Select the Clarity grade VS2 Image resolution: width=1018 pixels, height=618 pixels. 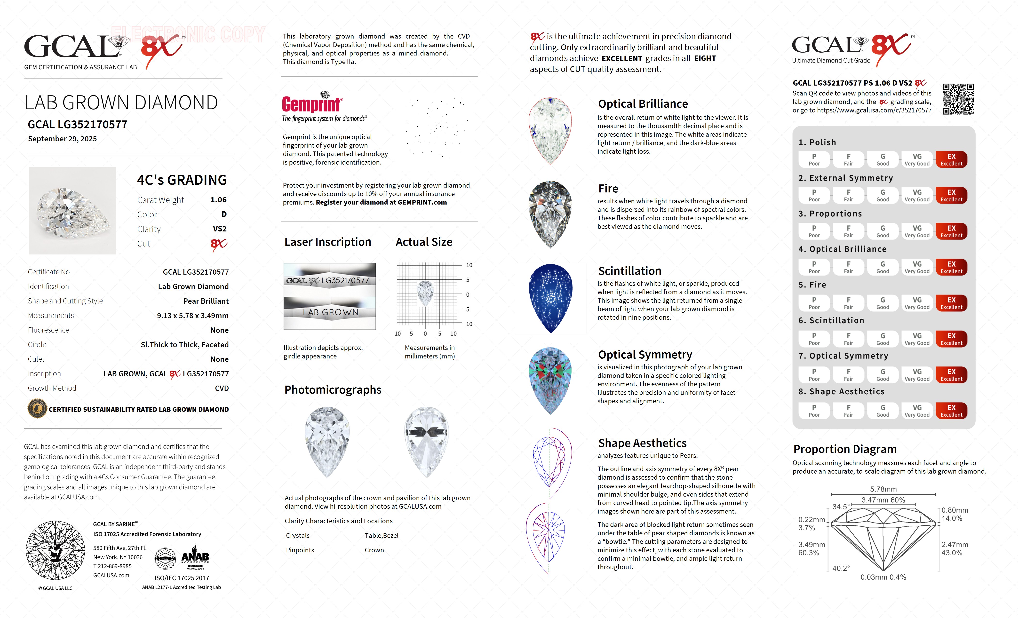[219, 229]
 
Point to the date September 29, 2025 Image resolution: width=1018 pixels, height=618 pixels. [62, 139]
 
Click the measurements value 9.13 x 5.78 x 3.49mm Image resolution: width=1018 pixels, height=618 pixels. [192, 316]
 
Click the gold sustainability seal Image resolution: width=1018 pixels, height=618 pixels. [37, 409]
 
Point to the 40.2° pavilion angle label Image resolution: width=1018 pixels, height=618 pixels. [841, 568]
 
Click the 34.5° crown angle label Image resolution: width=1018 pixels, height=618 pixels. [841, 507]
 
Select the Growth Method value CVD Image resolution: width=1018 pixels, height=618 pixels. [222, 388]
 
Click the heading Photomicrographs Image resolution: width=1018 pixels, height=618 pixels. [333, 390]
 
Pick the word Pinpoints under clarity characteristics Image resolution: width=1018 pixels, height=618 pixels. [300, 550]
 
